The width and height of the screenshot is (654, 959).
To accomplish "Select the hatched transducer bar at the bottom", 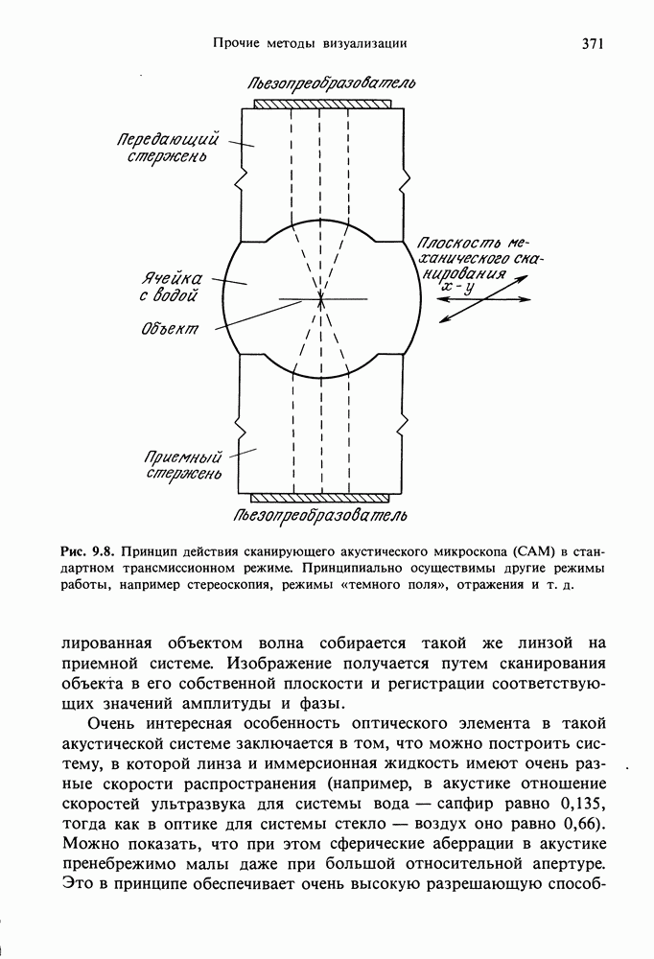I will pos(320,498).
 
